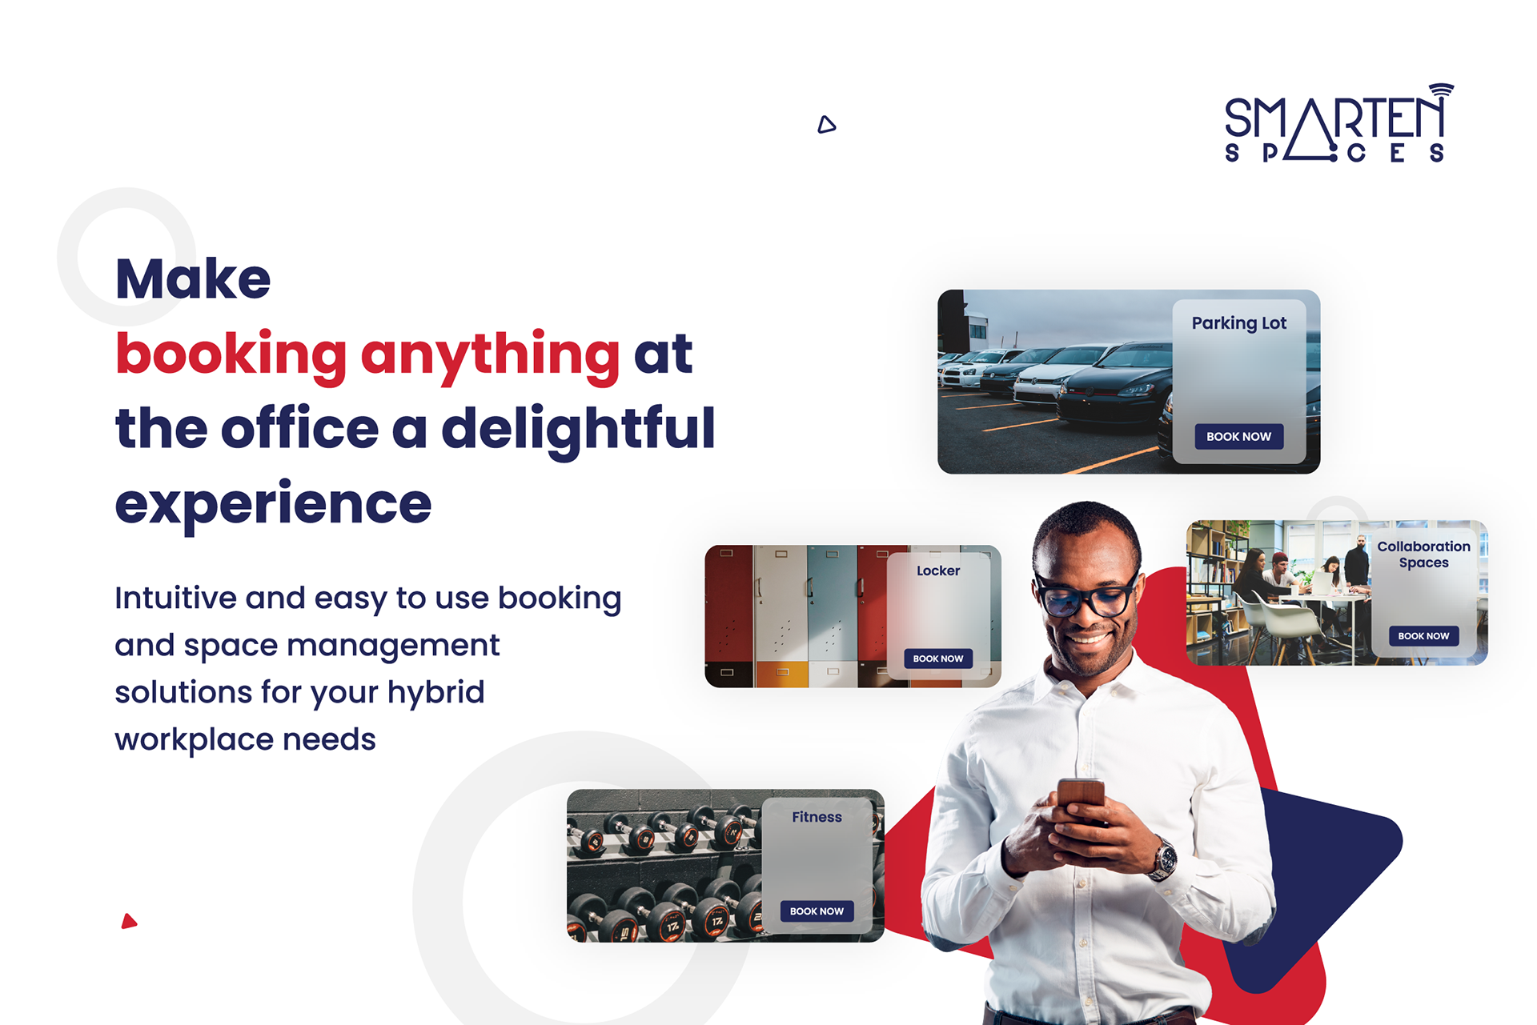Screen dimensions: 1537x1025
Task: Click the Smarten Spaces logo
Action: tap(1338, 123)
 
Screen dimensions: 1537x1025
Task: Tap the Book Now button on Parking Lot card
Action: tap(1238, 436)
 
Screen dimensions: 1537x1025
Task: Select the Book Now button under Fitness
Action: tap(817, 911)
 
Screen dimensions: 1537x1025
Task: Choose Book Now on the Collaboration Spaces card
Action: tap(1423, 636)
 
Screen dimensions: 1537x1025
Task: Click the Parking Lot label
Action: tap(1238, 323)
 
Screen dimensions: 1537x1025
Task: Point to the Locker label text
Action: tap(938, 571)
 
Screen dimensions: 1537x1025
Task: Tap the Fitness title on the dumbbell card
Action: tap(817, 817)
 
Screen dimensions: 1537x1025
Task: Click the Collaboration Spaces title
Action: tap(1423, 554)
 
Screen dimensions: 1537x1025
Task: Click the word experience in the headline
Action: tap(273, 505)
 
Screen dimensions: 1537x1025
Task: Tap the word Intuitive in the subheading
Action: tap(176, 598)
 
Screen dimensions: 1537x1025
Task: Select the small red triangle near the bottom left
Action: tap(129, 921)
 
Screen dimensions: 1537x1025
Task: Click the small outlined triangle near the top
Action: tap(827, 124)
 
